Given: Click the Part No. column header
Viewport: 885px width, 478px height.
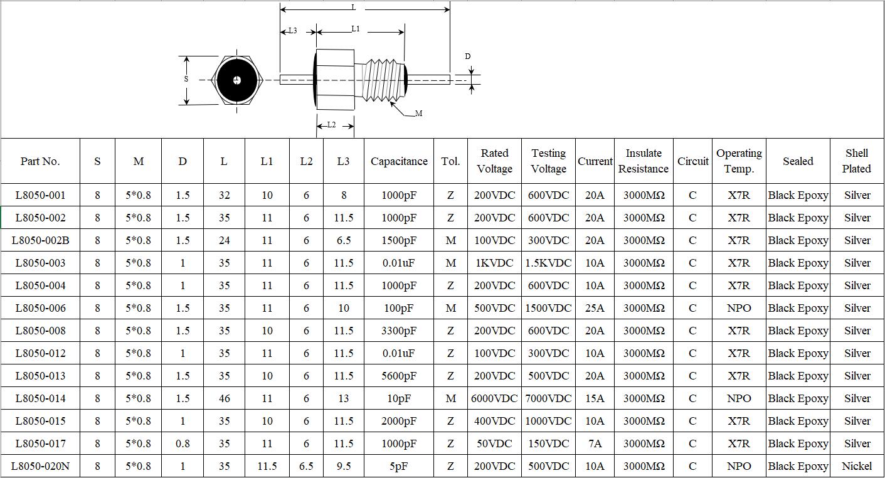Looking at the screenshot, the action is point(40,161).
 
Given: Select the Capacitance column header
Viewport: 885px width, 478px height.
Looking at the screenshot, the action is point(399,161).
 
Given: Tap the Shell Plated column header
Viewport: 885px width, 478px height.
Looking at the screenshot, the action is point(857,161).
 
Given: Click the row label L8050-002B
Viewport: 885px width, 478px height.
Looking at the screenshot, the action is point(40,240).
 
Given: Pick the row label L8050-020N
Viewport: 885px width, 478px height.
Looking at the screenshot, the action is point(40,466).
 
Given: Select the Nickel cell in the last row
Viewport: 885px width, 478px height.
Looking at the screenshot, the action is point(857,466).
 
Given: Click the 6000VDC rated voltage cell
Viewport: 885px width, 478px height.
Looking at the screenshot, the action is point(494,398).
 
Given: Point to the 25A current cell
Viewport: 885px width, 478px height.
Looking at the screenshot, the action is point(595,308).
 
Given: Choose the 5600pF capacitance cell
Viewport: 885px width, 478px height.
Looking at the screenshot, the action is point(399,376).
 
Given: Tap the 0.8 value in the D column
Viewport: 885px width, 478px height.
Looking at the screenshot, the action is point(183,443).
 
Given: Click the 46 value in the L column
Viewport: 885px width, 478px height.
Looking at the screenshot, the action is point(224,398).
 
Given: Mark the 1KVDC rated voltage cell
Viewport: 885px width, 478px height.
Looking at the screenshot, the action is point(494,263).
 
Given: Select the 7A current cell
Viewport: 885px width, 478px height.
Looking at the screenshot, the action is point(595,443).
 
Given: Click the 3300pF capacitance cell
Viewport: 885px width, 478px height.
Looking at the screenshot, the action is point(399,331).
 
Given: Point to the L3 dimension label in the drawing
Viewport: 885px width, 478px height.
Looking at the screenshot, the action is point(292,30).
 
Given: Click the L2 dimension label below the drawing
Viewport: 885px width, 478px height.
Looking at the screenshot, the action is point(331,125).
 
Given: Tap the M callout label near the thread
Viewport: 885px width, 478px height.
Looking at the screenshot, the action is point(419,114).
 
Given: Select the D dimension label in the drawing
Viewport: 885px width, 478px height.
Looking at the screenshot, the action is point(467,56).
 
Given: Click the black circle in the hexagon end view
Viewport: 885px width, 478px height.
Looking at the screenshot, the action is point(236,80).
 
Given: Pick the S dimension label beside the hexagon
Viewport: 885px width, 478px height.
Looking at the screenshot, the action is point(186,79).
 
